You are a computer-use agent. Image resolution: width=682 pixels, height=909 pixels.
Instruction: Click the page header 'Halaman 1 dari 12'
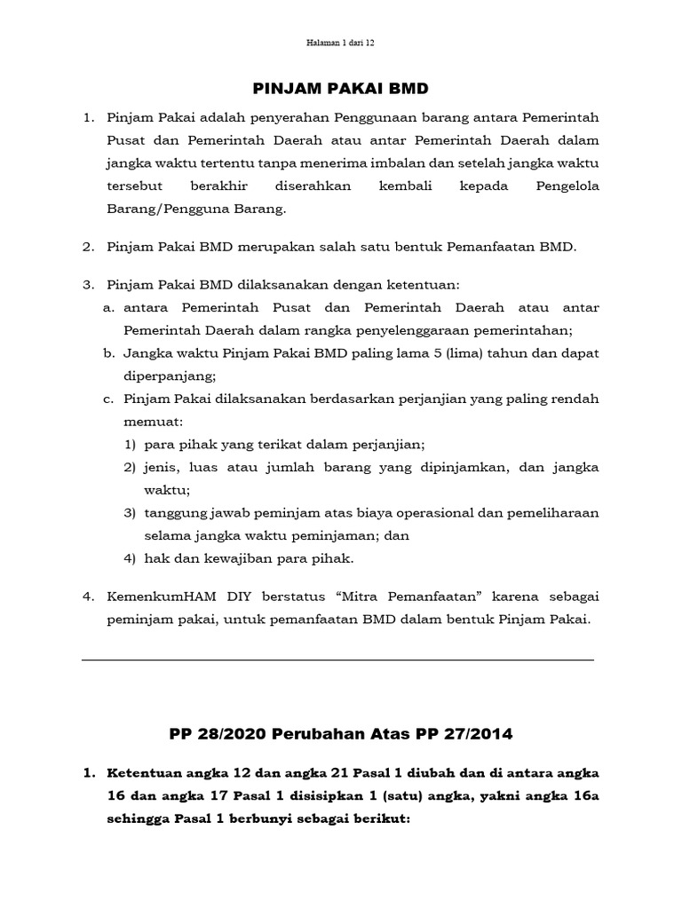tap(340, 42)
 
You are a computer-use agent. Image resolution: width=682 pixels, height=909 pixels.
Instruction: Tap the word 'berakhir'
tap(218, 186)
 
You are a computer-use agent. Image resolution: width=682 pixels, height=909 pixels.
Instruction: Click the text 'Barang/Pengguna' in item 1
tap(162, 209)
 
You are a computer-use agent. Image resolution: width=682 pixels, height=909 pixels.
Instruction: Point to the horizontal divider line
tap(337, 660)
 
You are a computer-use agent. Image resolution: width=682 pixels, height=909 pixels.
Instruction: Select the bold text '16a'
tap(582, 795)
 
